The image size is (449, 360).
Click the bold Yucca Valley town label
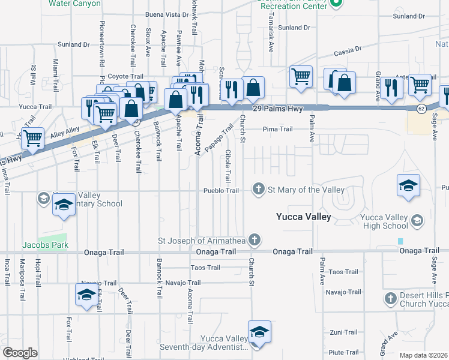303,217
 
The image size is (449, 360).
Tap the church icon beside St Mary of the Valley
259,190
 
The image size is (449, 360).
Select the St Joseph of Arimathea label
201,240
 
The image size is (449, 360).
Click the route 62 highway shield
422,108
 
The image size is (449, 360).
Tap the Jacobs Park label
46,245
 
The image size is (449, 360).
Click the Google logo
20,353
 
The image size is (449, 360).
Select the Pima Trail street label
277,129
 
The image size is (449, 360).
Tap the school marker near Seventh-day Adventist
259,332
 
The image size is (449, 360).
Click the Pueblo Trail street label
221,190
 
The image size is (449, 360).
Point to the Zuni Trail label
344,332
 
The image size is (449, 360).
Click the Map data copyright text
424,355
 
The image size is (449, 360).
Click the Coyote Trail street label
125,77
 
